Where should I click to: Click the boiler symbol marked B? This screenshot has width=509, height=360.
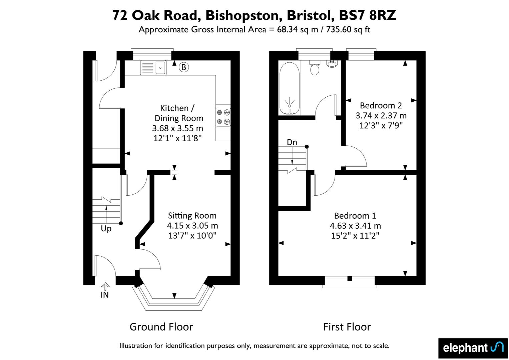click(183, 67)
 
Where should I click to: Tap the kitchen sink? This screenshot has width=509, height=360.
click(153, 67)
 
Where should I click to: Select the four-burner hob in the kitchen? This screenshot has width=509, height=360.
click(223, 117)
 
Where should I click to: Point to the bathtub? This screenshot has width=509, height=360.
click(289, 88)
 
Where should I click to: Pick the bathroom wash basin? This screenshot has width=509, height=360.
click(332, 64)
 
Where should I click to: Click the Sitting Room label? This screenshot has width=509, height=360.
click(192, 215)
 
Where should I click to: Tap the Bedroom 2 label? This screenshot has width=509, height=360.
click(381, 105)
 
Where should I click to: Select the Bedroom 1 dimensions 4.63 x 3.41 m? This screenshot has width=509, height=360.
click(355, 226)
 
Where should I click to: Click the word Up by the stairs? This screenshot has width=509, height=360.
click(106, 229)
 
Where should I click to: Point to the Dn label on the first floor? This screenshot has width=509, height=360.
click(292, 142)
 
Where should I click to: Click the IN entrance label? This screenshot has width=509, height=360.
click(104, 295)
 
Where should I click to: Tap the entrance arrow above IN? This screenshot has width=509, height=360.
click(105, 286)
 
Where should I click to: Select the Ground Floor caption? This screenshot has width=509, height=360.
click(161, 327)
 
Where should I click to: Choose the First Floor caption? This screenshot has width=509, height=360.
click(347, 327)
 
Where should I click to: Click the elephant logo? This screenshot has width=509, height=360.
click(473, 348)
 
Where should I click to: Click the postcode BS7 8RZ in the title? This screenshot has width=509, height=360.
click(368, 15)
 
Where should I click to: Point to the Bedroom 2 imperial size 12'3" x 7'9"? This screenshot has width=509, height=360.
click(381, 125)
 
